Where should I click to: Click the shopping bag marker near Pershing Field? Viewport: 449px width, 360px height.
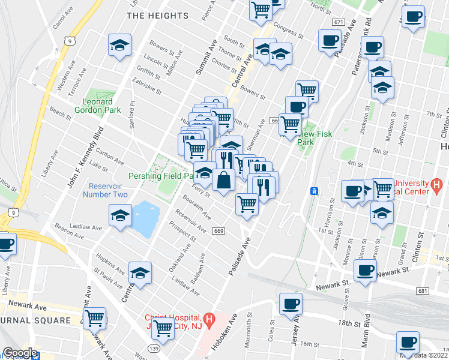click(223, 180)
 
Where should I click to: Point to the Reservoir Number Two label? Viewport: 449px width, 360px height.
click(109, 190)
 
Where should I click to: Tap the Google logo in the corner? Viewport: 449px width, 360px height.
click(20, 353)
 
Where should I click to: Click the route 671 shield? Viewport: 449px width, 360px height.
click(338, 22)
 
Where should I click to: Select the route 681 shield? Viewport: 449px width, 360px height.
click(421, 290)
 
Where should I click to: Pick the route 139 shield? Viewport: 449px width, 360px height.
click(154, 349)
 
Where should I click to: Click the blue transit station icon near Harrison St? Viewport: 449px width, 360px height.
click(313, 191)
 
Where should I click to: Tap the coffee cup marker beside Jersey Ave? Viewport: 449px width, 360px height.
click(291, 303)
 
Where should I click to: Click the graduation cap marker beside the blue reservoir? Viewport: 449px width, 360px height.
click(120, 215)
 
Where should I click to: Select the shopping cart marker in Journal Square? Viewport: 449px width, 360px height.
click(95, 318)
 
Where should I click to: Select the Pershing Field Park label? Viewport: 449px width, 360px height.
click(160, 176)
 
